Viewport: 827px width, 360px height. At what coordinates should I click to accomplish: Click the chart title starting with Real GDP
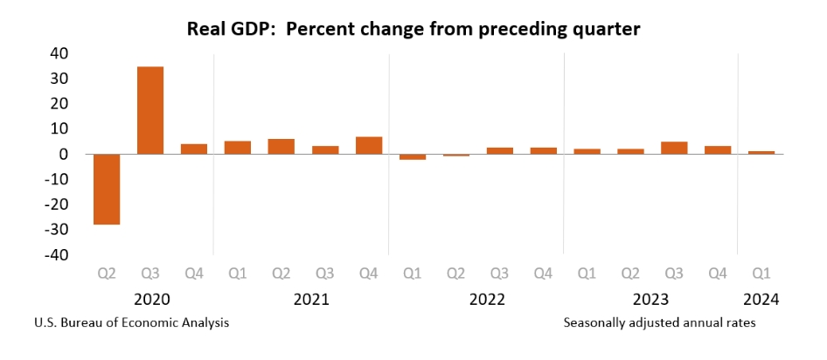coord(413,30)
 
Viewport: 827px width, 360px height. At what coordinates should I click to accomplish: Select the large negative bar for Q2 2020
coord(106,189)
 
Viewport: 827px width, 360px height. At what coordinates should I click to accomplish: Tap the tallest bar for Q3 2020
coord(149,110)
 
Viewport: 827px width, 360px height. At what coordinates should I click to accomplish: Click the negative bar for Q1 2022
coord(412,157)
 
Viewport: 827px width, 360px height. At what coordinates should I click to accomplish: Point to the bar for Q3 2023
coord(674,148)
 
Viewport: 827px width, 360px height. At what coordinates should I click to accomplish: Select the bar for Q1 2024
coord(761,153)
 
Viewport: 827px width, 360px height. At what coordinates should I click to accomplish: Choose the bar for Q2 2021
coord(281,146)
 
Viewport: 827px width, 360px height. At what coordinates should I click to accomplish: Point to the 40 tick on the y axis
coord(57,53)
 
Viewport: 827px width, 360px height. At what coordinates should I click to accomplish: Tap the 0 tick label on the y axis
coord(63,154)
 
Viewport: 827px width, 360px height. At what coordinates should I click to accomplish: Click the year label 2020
coord(152,300)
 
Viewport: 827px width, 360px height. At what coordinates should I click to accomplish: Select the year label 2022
coord(487,300)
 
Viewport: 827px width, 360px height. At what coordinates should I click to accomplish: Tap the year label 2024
coord(761,300)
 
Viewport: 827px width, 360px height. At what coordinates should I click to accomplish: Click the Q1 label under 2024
coord(761,274)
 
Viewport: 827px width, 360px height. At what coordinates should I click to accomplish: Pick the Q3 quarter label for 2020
coord(149,274)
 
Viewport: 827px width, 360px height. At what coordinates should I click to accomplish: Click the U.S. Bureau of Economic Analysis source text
coord(132,323)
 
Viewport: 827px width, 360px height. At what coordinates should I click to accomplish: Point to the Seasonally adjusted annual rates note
coord(660,323)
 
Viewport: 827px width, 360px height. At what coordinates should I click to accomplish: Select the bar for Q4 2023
coord(718,149)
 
